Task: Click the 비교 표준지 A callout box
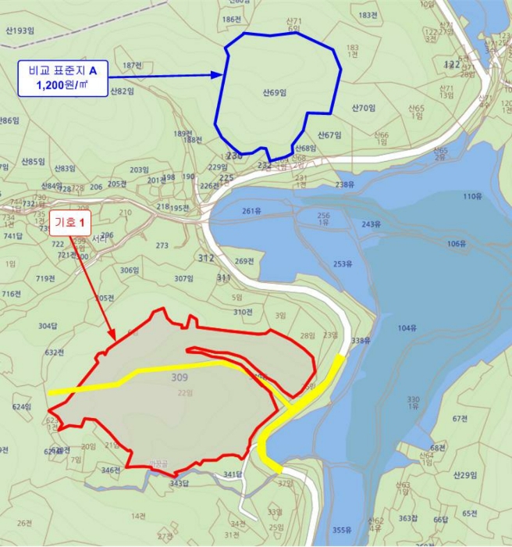(x=62, y=76)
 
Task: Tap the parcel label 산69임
(x=276, y=93)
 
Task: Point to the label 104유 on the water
(x=407, y=328)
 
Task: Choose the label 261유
(x=251, y=211)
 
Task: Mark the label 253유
(x=343, y=264)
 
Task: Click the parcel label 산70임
(x=364, y=108)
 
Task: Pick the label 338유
(x=360, y=341)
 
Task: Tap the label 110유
(x=472, y=196)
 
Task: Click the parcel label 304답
(x=48, y=326)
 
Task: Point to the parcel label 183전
(x=368, y=15)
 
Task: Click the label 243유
(x=371, y=224)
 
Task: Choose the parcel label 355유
(x=342, y=530)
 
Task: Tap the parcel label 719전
(x=45, y=278)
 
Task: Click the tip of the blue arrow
(x=224, y=76)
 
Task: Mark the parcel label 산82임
(x=122, y=91)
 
